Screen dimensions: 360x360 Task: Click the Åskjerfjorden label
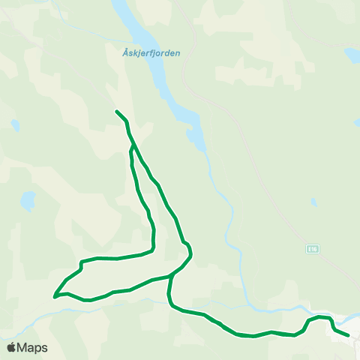point(151,53)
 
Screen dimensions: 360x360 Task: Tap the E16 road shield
point(312,247)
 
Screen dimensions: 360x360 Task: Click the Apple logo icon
point(11,347)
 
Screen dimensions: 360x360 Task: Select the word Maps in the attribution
point(32,348)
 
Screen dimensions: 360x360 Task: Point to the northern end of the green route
point(117,112)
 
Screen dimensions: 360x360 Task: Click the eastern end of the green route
point(348,335)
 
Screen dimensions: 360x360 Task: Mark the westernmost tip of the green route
point(55,296)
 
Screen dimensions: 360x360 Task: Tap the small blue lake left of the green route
point(28,200)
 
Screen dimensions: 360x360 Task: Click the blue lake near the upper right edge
point(349,57)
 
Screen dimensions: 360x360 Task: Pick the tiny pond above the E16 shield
point(313,202)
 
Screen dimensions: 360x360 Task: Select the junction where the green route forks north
point(172,276)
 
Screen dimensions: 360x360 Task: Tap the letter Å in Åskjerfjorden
point(124,53)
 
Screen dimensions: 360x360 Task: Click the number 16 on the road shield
point(313,247)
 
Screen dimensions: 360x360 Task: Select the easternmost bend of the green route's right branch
point(191,254)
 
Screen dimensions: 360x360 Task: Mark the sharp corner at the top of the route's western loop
point(81,262)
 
